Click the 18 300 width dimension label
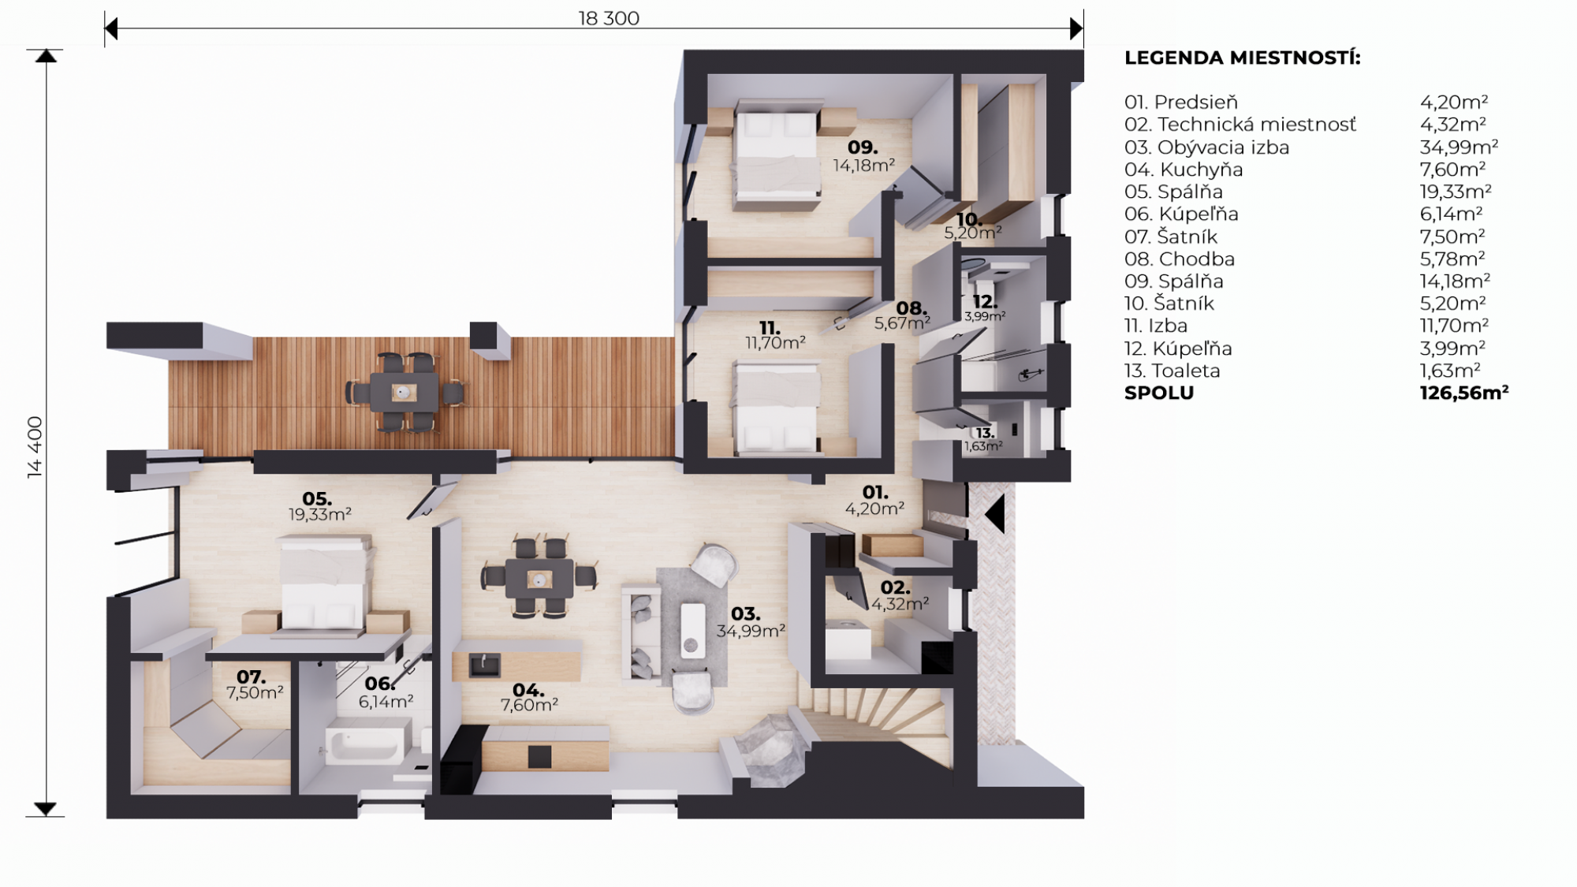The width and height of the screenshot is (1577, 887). coord(609,18)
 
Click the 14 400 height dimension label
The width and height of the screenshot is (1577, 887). coord(35,446)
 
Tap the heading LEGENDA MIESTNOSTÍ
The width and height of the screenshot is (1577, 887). coord(1243,58)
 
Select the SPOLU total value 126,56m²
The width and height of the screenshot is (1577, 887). coord(1464,393)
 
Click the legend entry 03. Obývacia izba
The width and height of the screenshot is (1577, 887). coord(1206,147)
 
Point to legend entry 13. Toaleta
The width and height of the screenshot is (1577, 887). coord(1172,371)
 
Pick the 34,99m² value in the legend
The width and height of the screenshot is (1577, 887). coord(1459,147)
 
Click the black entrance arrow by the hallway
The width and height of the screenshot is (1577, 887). coord(994,513)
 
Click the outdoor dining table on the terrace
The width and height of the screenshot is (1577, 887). coord(405,393)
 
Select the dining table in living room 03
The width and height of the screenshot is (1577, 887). coord(539,580)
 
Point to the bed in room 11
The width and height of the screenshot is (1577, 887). coord(777,408)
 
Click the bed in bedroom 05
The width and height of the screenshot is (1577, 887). coord(324,582)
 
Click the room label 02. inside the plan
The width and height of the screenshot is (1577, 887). coord(896,587)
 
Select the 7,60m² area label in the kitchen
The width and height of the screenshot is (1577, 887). coord(529,705)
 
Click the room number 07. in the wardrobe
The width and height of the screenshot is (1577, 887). coord(252,677)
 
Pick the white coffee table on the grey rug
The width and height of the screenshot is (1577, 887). coord(693,630)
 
